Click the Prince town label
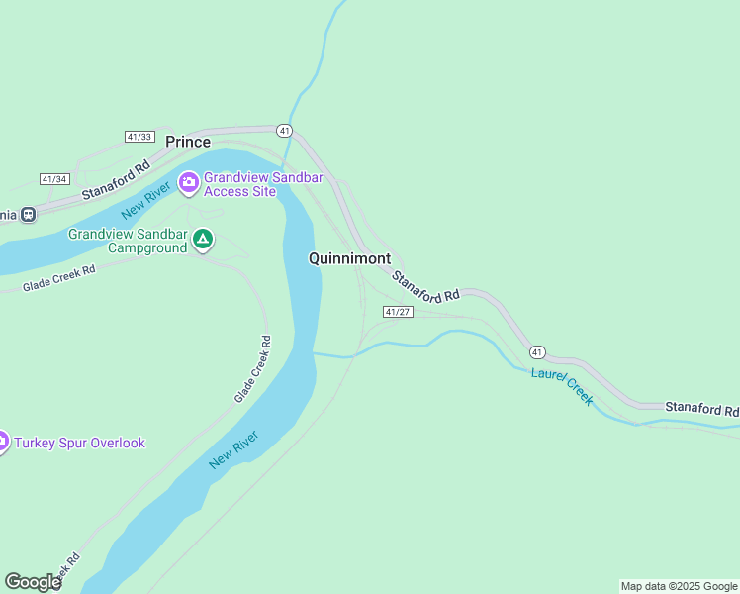(188, 142)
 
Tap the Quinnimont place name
(349, 258)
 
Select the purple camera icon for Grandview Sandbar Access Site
(188, 182)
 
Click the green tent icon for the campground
(203, 239)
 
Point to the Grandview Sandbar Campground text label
(127, 241)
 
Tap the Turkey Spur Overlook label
(79, 443)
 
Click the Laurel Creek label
(562, 386)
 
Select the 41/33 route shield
(139, 136)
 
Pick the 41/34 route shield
(54, 179)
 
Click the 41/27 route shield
(397, 312)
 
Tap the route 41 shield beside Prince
(284, 130)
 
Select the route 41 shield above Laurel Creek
(536, 352)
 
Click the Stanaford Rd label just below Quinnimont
(426, 286)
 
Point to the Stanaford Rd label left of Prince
(116, 179)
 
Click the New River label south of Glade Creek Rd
(234, 450)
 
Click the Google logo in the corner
(33, 582)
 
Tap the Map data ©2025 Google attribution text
(679, 586)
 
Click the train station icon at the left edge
(28, 213)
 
